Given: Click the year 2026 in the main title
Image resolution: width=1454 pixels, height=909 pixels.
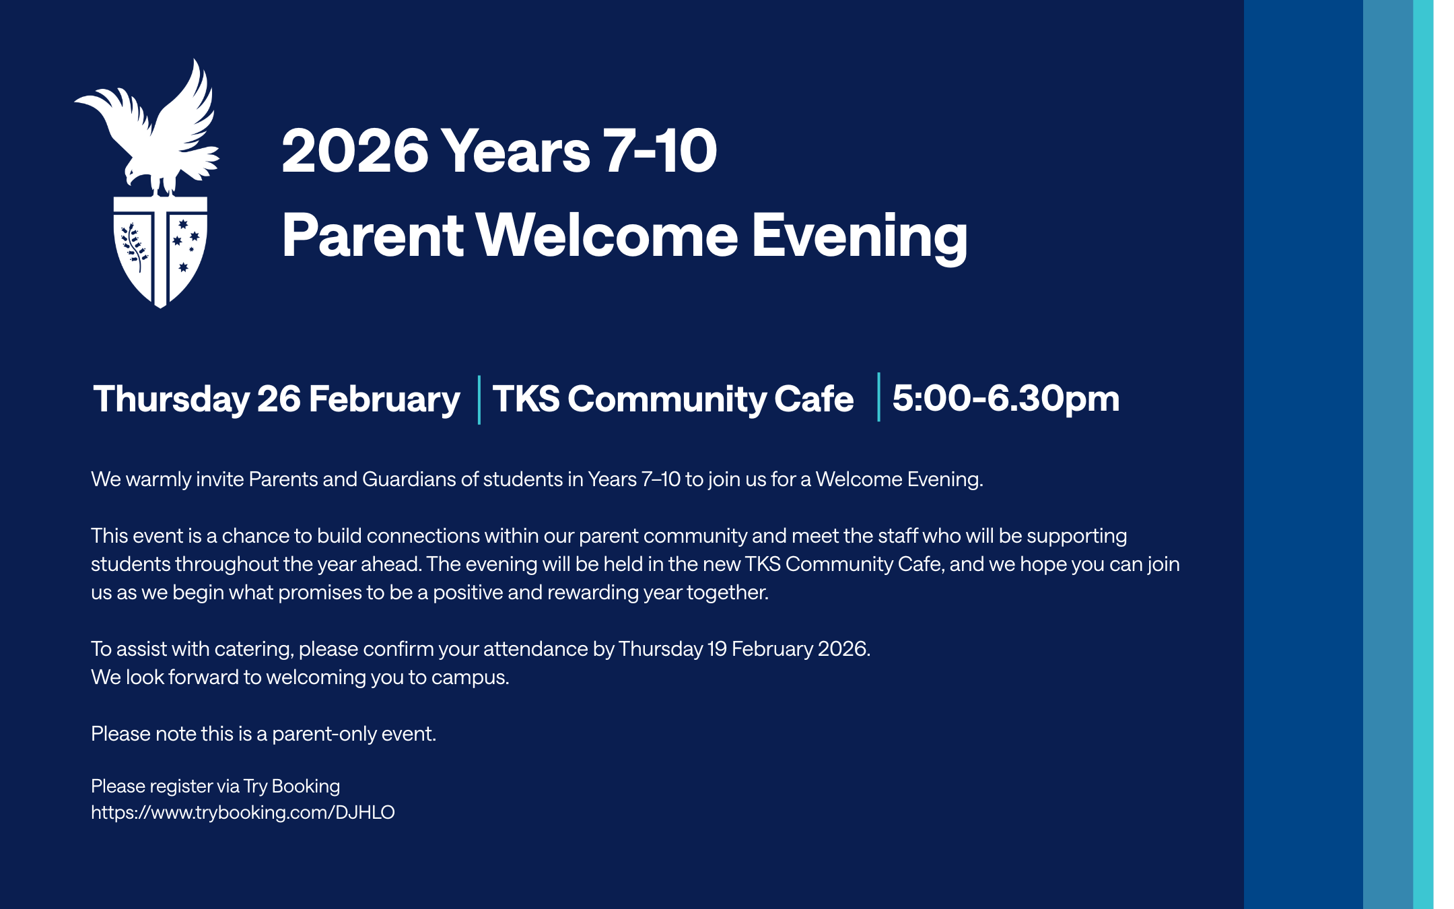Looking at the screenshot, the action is [355, 151].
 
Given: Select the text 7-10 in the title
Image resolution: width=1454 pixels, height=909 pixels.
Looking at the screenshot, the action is [660, 151].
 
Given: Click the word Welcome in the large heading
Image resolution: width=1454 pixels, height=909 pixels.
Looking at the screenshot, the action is [607, 235].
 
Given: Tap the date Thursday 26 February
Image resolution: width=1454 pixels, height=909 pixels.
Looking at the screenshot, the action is [277, 399].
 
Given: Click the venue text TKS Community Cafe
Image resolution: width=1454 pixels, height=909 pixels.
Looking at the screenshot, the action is [673, 399].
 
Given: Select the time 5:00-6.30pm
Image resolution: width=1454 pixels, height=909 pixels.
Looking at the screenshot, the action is [1006, 399].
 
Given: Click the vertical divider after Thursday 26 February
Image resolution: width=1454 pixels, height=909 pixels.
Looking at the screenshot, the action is [479, 400].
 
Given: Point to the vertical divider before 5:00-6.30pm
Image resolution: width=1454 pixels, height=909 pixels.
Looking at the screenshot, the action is [878, 397].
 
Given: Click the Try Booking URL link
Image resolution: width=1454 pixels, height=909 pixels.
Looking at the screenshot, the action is [243, 813].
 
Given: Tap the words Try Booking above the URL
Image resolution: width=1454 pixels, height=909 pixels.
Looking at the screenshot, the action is [291, 786].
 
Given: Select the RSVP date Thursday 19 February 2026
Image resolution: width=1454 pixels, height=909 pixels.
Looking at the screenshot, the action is [745, 648].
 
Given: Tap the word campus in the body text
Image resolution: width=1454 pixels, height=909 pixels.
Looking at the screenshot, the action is [470, 677].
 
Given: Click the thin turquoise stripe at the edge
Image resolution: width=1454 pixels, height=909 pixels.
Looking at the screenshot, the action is [1423, 454].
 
